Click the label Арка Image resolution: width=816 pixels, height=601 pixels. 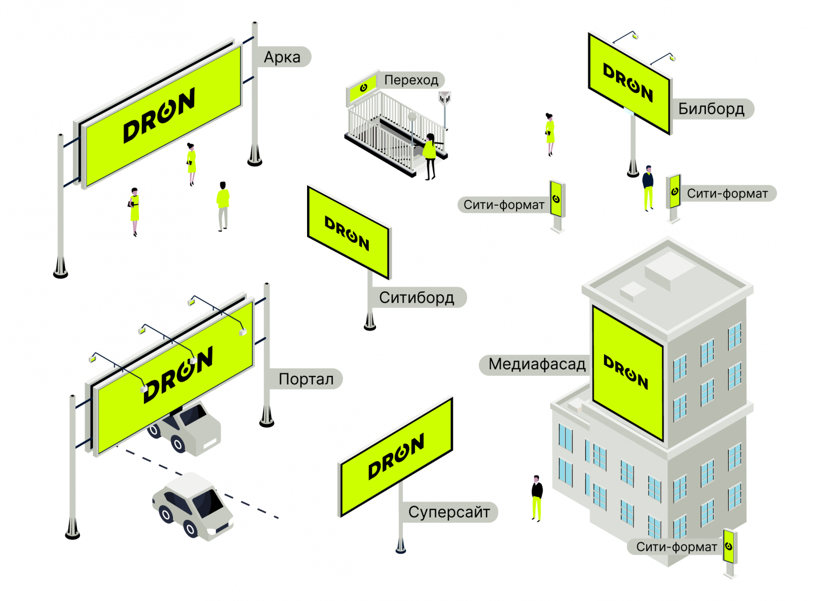282,57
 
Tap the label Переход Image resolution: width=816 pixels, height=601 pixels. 411,80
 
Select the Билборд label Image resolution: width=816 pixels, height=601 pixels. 711,109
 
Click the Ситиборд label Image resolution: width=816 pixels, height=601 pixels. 416,297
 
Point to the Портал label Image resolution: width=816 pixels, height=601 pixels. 305,379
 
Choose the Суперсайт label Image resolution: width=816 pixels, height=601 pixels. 449,512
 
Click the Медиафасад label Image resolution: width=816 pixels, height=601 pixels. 537,364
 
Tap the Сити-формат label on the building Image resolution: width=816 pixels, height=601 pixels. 676,547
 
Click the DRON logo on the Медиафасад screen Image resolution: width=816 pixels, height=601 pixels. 626,372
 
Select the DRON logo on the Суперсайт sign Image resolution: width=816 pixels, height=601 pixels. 396,456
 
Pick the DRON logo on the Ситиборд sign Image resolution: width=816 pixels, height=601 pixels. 347,233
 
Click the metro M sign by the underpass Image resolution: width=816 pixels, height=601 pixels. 445,98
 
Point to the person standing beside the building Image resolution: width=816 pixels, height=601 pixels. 537,497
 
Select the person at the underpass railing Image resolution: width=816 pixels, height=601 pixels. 430,156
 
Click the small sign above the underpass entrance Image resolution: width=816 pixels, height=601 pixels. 363,88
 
